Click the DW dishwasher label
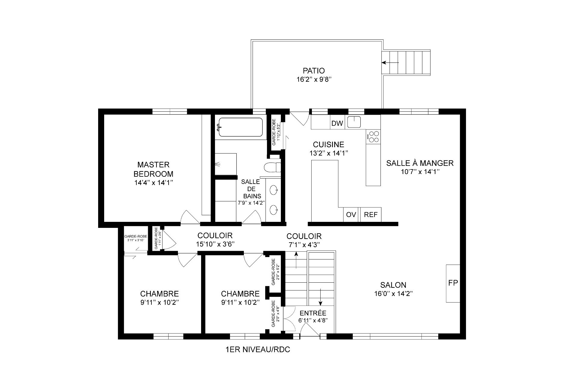(x=337, y=123)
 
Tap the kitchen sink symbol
(x=354, y=122)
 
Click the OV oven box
(x=351, y=215)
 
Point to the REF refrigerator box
(x=371, y=215)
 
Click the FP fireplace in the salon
(x=453, y=283)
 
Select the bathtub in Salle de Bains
(x=240, y=127)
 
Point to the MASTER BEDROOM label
(x=154, y=169)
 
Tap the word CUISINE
(x=328, y=144)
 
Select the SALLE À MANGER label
(x=420, y=163)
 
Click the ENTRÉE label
(x=313, y=313)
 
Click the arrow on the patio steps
(x=390, y=63)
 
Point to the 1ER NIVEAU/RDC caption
(x=258, y=350)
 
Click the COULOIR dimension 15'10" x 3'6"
(x=215, y=244)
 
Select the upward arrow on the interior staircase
(x=297, y=260)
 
